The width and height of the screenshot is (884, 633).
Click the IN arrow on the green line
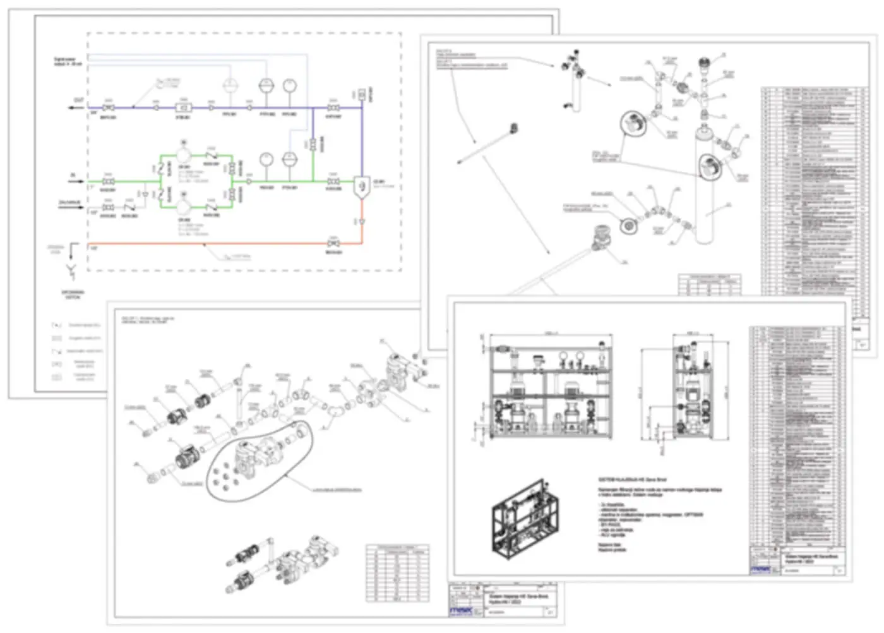pos(77,181)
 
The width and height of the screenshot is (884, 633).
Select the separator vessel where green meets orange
pos(361,186)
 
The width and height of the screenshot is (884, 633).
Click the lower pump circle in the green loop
pos(184,208)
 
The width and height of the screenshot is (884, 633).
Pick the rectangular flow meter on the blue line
pos(184,108)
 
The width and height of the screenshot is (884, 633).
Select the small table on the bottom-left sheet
pos(398,572)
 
